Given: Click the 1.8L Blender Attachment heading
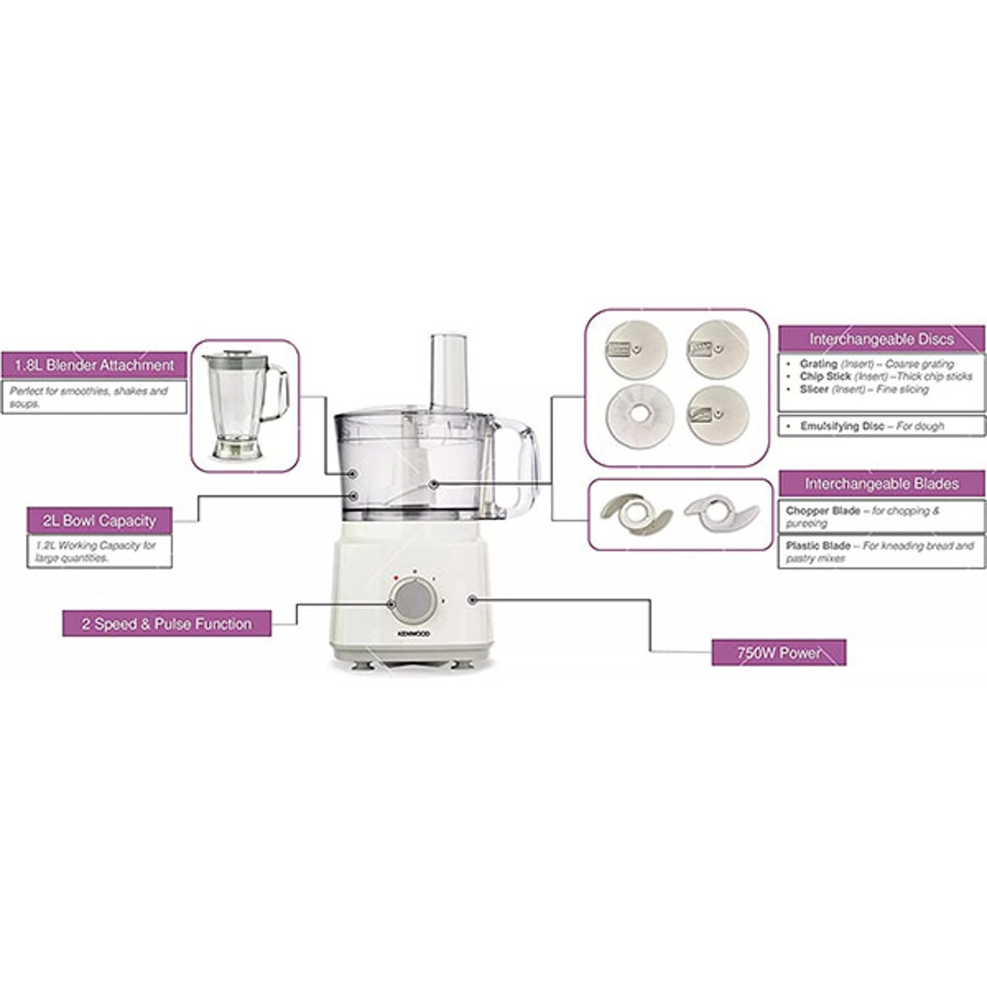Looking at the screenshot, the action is (93, 365).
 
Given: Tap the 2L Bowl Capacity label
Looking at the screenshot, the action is (99, 520).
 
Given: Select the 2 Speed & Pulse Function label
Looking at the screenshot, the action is (166, 624).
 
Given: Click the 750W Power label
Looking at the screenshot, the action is (779, 653).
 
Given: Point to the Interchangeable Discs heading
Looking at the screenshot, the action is (882, 340).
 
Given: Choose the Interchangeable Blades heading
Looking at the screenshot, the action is (882, 484).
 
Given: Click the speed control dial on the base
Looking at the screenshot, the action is (413, 600).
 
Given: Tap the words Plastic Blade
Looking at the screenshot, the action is (819, 545).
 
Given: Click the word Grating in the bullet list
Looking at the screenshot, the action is (819, 364).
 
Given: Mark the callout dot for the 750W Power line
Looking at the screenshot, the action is (472, 599).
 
